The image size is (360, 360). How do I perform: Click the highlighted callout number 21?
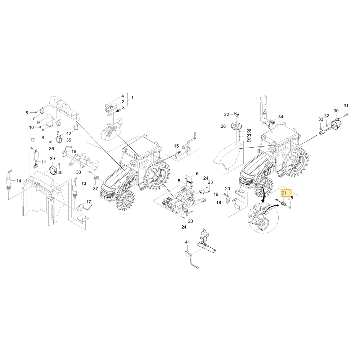click(x=284, y=193)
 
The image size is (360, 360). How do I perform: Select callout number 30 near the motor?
click(x=336, y=111)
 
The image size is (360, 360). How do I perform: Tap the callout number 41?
click(x=188, y=242)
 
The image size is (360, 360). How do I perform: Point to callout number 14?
click(x=19, y=181)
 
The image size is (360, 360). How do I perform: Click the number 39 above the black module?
click(x=52, y=159)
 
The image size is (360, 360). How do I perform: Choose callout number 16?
click(x=74, y=152)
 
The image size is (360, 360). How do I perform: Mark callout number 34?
click(x=280, y=117)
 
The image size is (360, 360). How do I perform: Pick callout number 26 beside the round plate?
click(x=223, y=126)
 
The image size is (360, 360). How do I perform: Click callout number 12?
click(x=32, y=140)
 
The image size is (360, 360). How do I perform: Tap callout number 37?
click(x=95, y=189)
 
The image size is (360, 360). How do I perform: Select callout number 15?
click(x=176, y=146)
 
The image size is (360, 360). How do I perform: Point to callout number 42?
click(x=69, y=134)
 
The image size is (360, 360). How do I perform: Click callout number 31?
click(x=346, y=106)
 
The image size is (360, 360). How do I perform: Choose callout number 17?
click(x=89, y=202)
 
